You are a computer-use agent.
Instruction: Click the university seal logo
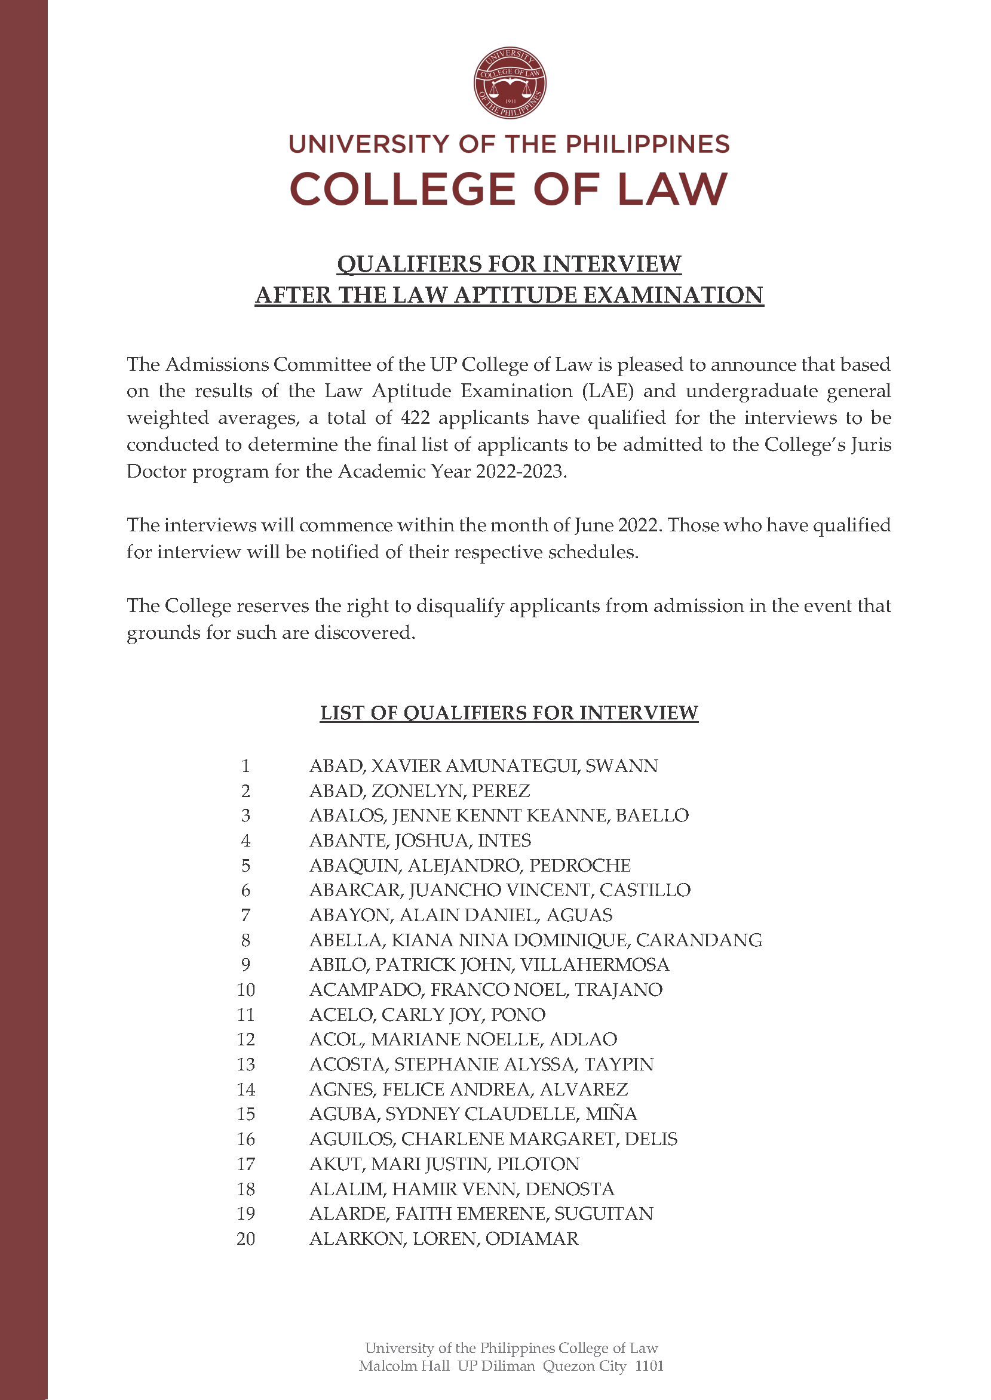(510, 83)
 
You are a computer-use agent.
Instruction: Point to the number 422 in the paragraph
(415, 418)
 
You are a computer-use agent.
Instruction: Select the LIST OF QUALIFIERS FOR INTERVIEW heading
(509, 713)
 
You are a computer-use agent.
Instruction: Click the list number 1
(246, 766)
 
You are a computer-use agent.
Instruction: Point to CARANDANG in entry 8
(699, 940)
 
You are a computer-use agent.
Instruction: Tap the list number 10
(246, 990)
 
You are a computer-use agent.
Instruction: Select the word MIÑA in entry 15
(611, 1114)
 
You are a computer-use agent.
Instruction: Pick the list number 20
(246, 1238)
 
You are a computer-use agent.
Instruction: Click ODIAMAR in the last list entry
(532, 1238)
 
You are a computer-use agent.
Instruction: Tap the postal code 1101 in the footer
(649, 1366)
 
